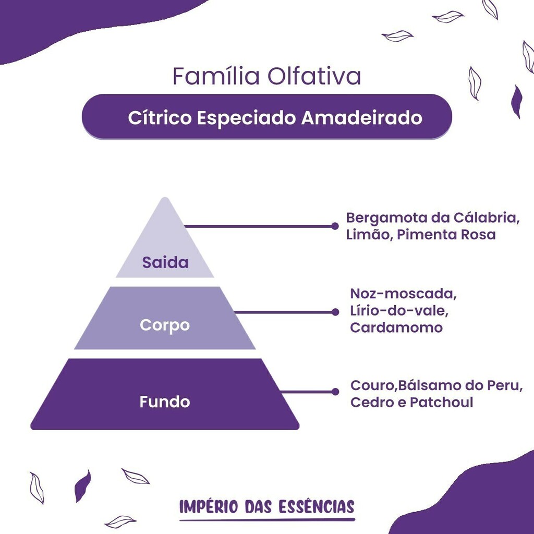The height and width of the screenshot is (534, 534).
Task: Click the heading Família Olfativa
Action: click(266, 76)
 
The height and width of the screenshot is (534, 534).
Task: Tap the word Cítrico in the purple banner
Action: click(160, 118)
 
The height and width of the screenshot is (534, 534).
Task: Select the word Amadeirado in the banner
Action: click(362, 118)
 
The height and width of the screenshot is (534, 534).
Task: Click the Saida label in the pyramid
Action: click(165, 262)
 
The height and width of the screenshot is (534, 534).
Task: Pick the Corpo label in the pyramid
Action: click(165, 325)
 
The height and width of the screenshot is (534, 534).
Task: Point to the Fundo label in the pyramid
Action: click(165, 402)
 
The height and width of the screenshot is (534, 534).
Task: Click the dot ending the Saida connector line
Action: click(335, 226)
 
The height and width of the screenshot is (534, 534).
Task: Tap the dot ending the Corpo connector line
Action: click(335, 312)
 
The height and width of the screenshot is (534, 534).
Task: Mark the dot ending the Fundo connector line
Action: click(335, 392)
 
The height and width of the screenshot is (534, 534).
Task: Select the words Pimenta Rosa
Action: click(446, 235)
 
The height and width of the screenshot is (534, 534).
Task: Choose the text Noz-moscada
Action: click(403, 294)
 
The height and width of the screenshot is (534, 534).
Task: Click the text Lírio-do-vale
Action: click(399, 311)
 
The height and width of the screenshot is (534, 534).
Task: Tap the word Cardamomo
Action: click(396, 327)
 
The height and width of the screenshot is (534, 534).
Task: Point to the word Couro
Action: click(372, 385)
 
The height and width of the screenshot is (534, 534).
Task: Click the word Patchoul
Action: click(441, 402)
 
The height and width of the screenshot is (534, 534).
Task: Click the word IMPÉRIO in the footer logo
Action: click(209, 506)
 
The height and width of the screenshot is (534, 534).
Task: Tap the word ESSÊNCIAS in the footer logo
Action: click(317, 506)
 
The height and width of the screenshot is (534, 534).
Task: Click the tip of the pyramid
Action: click(165, 198)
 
